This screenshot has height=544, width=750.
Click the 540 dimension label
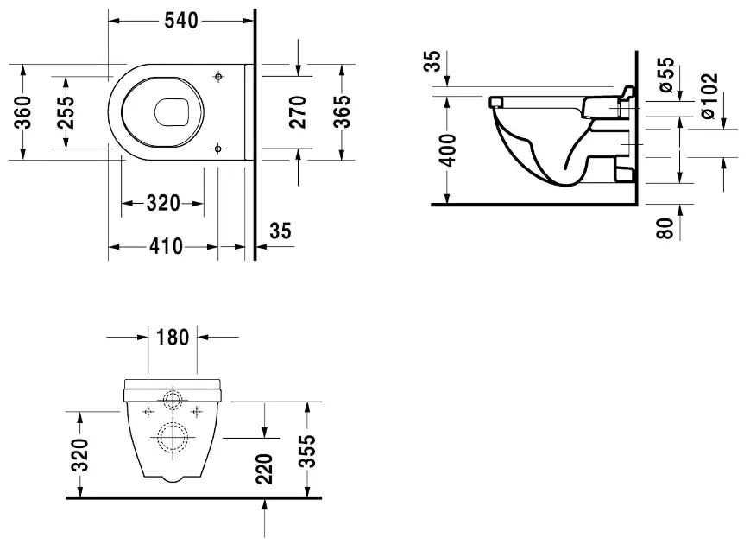181,21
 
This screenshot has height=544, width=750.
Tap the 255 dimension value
66,112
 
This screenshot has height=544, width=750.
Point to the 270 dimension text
298,112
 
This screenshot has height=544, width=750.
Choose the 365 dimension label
342,112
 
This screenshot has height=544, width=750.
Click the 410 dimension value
166,246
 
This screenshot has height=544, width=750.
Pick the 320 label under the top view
163,203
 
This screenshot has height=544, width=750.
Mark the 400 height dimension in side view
448,150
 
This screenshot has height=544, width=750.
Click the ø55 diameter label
665,74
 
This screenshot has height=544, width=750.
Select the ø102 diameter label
709,96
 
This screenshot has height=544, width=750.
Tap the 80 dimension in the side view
665,228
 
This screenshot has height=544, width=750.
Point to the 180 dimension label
173,338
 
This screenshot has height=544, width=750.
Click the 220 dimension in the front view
264,469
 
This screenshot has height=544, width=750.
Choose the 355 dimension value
307,451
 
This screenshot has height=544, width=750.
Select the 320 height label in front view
80,455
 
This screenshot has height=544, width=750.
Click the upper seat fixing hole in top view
218,77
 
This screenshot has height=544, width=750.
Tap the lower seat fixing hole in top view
218,149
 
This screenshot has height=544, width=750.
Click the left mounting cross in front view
148,412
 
